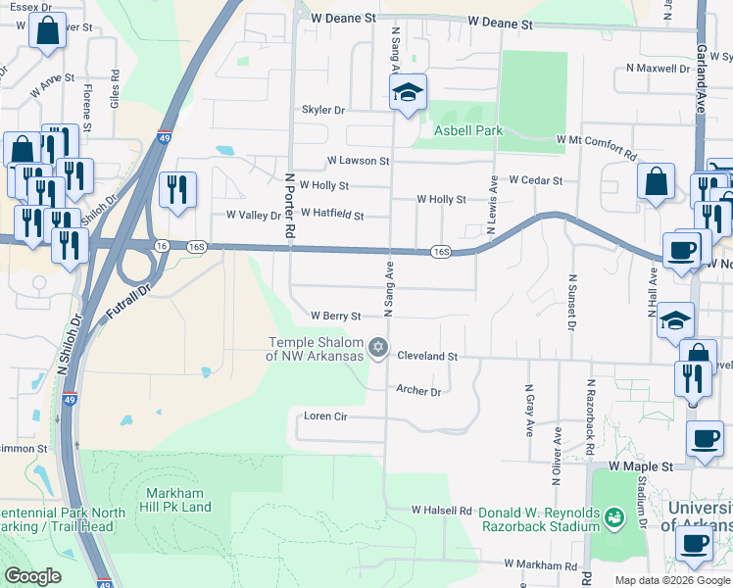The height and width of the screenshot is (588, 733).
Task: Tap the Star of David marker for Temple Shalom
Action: click(x=378, y=348)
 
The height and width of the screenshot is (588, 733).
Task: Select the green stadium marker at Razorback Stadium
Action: click(x=614, y=515)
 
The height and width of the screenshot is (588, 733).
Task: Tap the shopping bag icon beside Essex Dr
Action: click(x=47, y=33)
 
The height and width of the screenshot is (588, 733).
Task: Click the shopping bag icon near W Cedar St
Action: click(x=656, y=182)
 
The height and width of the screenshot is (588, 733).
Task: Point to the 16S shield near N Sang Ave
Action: click(x=441, y=253)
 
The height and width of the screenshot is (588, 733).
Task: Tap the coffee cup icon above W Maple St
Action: click(x=704, y=440)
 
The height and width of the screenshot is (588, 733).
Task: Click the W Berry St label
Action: click(x=336, y=316)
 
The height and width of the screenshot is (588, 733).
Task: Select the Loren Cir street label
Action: click(x=325, y=416)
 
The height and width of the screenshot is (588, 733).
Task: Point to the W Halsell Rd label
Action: click(x=441, y=511)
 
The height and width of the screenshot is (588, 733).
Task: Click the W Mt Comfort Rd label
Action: click(x=597, y=146)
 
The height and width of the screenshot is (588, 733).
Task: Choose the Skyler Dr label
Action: click(x=323, y=111)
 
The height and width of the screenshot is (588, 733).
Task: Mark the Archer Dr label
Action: click(x=419, y=390)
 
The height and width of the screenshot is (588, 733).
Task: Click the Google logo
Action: click(x=33, y=576)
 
